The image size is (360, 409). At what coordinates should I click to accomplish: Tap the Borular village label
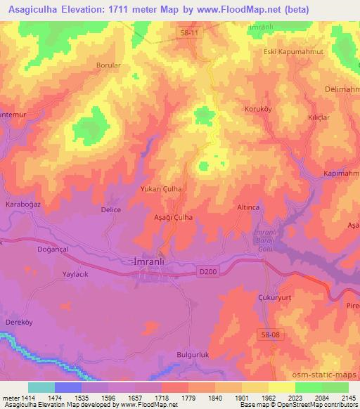coord(109,65)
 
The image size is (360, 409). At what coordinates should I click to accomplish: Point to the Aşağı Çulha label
coord(173,218)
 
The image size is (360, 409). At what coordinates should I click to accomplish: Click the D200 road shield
coord(205,271)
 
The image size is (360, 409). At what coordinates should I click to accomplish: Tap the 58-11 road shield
coord(186,33)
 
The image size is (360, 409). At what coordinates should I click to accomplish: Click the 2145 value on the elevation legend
coord(348,398)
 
